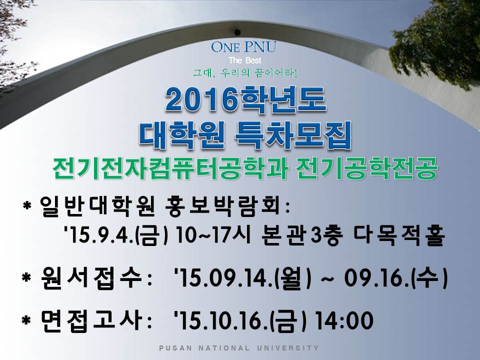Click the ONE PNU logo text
coord(243,47)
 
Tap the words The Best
coord(245,60)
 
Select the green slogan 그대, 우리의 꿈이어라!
coord(245,73)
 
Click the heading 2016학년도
coord(245,99)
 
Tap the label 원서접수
coord(92,278)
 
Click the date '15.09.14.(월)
coord(242,278)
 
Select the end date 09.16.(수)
coord(396,278)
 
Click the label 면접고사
coord(92,320)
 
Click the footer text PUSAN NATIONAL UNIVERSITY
coord(239,348)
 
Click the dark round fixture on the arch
coord(237,32)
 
